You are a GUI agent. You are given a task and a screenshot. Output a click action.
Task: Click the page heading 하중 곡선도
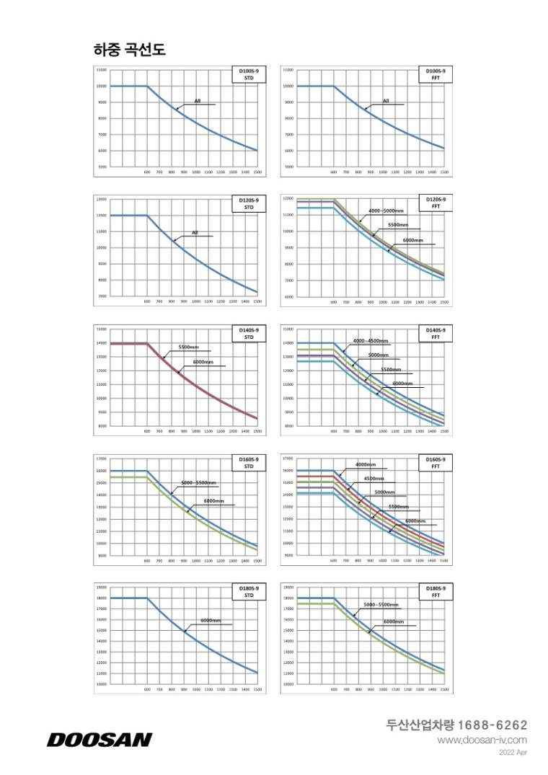point(130,49)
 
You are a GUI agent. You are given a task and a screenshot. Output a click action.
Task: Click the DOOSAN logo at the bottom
point(100,739)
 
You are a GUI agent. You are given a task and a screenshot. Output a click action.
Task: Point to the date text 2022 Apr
point(513,753)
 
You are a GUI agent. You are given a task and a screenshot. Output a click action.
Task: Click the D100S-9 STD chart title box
point(249,74)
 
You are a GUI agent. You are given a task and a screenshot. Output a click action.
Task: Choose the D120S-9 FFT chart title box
point(436,203)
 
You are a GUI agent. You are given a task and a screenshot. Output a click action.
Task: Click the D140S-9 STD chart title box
point(249,333)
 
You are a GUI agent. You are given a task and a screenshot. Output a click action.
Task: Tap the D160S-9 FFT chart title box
point(436,462)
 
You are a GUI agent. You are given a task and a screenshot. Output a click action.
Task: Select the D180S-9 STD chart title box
point(249,592)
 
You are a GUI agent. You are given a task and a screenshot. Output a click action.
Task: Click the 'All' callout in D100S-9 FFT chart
point(386,101)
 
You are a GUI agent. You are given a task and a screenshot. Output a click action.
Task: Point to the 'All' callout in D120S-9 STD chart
point(195,232)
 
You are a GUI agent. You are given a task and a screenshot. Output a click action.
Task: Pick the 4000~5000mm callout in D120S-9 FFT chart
point(386,211)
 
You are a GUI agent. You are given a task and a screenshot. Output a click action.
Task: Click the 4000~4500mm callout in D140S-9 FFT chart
point(371,340)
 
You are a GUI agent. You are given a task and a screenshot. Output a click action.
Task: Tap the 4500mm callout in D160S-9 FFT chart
point(374,479)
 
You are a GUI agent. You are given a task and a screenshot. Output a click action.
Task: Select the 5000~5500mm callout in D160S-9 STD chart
point(199,482)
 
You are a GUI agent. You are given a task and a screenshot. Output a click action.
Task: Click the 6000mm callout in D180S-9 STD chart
point(211,621)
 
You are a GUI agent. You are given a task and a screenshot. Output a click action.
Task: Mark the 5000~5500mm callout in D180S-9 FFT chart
point(381,604)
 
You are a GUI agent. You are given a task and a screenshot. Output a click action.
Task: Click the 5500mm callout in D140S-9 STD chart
point(189,347)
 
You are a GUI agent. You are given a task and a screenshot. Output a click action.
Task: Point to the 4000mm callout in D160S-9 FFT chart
point(366,464)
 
